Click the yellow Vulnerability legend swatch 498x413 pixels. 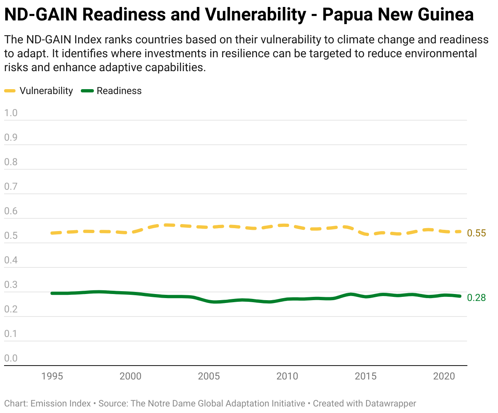[10, 91]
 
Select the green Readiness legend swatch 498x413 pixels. [87, 91]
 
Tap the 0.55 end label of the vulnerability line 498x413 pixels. [476, 233]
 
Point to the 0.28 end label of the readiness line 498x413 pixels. [476, 298]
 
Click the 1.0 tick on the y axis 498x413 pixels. [11, 113]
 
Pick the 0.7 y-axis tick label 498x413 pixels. [11, 186]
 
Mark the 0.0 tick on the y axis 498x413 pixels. [11, 358]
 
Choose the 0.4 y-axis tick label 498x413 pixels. [11, 260]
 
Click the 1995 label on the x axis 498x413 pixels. [52, 376]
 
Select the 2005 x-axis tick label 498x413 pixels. [209, 376]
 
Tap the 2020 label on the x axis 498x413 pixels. [444, 376]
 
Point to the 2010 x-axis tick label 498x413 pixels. [287, 376]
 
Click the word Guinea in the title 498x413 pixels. [445, 14]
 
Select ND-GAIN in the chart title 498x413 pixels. [41, 14]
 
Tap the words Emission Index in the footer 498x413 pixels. [60, 404]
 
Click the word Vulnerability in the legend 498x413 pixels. [46, 91]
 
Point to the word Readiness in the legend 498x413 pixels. [119, 91]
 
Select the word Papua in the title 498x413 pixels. [348, 15]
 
